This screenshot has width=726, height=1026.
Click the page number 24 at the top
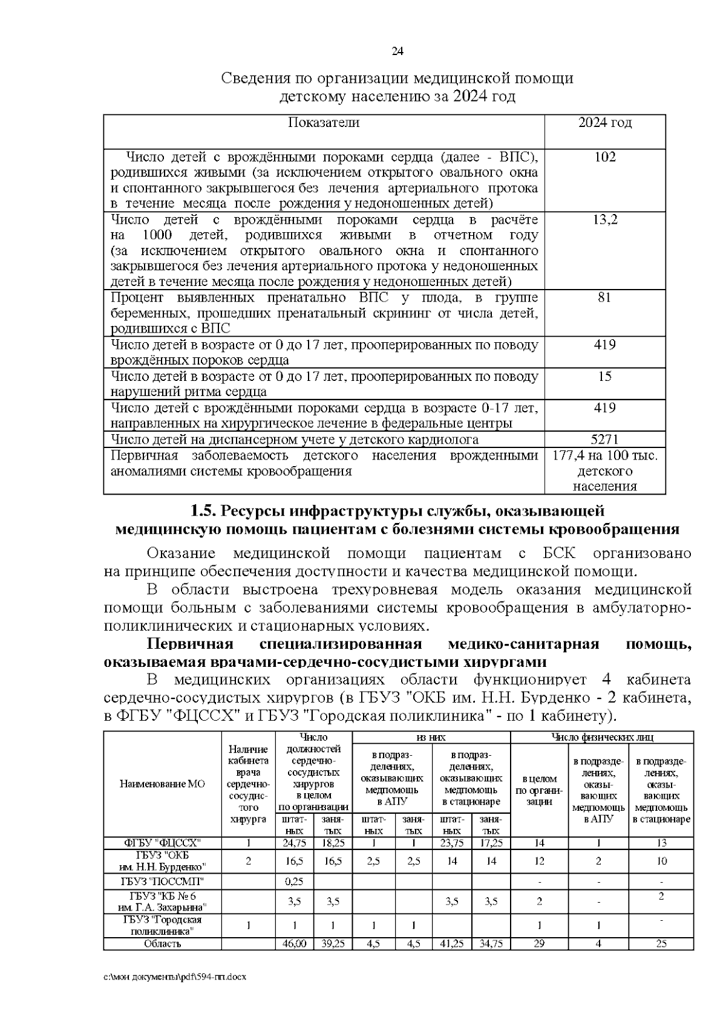tap(397, 51)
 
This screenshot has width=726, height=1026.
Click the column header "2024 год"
tap(605, 123)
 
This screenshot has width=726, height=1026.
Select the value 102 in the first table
tap(605, 157)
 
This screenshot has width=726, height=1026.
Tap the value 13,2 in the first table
tap(605, 219)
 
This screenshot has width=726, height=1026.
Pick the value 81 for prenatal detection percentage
tap(604, 297)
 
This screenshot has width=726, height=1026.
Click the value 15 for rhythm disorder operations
tap(604, 376)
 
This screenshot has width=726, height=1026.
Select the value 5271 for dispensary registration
tap(604, 440)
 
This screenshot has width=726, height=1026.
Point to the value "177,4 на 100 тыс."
tap(605, 455)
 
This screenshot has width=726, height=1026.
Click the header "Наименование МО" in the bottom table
tap(162, 784)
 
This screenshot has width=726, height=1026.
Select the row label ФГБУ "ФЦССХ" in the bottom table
tap(162, 843)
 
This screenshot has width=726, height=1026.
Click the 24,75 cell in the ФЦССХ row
tap(294, 843)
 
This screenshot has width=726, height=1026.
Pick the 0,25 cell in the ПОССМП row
tap(294, 882)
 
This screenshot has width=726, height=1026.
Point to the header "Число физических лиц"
tap(601, 737)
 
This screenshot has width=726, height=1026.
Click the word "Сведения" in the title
tap(253, 79)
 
